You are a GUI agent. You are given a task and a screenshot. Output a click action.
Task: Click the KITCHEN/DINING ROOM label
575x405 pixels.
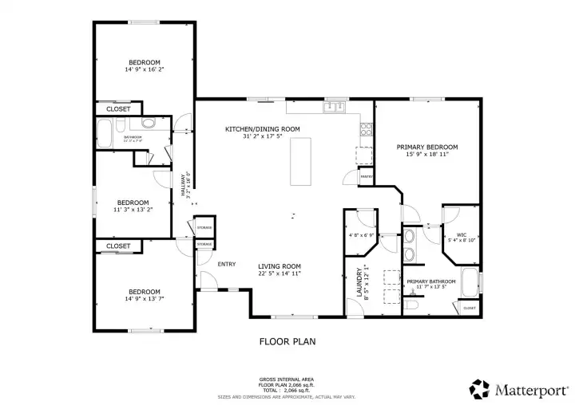pyautogui.click(x=262, y=128)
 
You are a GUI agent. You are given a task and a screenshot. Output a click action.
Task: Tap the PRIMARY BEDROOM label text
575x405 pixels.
pyautogui.click(x=427, y=147)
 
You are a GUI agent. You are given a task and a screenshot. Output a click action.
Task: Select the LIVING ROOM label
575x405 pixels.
pyautogui.click(x=279, y=266)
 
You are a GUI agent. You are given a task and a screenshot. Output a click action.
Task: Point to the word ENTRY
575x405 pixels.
pyautogui.click(x=227, y=264)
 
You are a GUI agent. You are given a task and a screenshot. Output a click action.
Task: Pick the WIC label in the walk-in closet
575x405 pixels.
pyautogui.click(x=461, y=234)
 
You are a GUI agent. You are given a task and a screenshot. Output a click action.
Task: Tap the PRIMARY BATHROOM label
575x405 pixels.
pyautogui.click(x=430, y=281)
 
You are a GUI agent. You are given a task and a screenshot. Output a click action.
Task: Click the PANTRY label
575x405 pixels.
pyautogui.click(x=367, y=175)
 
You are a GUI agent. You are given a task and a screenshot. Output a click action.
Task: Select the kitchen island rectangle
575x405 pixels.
pyautogui.click(x=300, y=161)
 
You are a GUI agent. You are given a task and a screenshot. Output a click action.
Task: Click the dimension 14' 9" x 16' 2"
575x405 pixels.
pyautogui.click(x=145, y=70)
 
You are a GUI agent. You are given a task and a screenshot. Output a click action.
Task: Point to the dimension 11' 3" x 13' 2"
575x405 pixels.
pyautogui.click(x=133, y=210)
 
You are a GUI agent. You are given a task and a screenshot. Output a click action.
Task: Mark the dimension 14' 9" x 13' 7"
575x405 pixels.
pyautogui.click(x=145, y=300)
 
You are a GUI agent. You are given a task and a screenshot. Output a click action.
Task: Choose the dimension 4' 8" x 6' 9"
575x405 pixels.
pyautogui.click(x=362, y=236)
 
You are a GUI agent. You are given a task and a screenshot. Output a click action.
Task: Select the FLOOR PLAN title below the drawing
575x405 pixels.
pyautogui.click(x=287, y=342)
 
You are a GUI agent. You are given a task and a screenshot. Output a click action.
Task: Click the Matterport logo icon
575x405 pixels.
pyautogui.click(x=479, y=388)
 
